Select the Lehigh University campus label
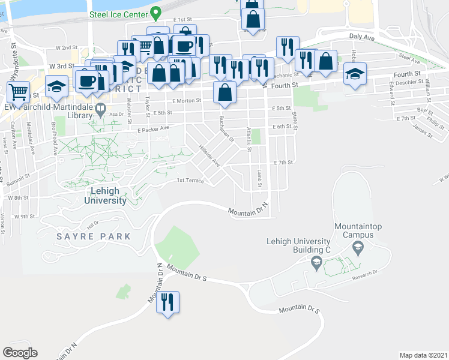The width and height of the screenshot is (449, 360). coord(109,196)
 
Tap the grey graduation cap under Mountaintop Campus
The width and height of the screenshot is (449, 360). coord(358,247)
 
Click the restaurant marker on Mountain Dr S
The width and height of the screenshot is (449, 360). coord(167,301)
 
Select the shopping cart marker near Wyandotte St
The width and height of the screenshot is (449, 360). coord(19,92)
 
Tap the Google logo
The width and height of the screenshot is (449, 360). coord(20,353)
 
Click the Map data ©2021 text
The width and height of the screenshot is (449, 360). coord(423,355)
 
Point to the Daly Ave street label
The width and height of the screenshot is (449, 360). coord(362,38)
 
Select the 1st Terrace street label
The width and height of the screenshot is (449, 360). coord(190,181)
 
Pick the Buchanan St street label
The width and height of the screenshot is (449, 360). coord(225,128)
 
